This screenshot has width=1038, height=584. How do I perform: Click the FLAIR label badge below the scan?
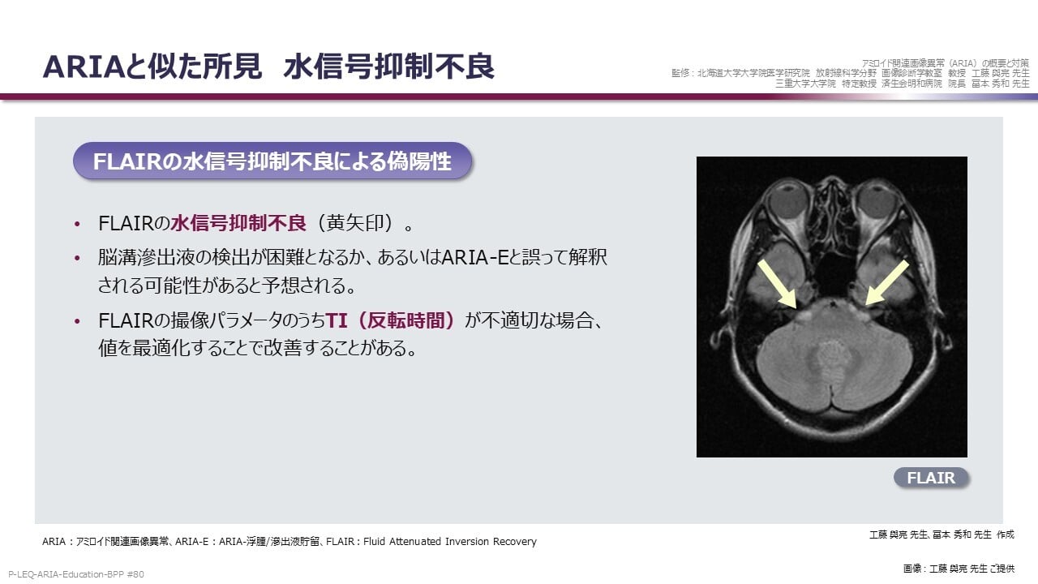(x=931, y=478)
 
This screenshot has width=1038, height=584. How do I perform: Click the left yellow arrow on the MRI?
(x=777, y=284)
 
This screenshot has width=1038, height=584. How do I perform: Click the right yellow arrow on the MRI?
(x=887, y=283)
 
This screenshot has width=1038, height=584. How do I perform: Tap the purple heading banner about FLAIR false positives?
(x=272, y=161)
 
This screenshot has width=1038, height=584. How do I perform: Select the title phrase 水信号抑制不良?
(x=389, y=67)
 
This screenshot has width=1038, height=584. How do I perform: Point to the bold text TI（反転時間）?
(x=390, y=320)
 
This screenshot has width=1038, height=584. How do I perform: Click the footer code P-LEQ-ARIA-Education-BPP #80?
(x=76, y=574)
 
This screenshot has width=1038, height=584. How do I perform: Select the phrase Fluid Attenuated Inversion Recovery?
(x=449, y=541)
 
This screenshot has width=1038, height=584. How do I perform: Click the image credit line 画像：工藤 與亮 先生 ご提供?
(x=959, y=569)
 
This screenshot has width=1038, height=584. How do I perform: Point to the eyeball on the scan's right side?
(x=877, y=202)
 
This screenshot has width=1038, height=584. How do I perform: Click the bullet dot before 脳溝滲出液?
(x=77, y=258)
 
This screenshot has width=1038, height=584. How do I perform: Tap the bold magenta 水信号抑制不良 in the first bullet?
(x=238, y=223)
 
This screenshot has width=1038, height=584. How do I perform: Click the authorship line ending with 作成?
(x=941, y=535)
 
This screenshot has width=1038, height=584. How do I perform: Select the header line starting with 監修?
(x=851, y=73)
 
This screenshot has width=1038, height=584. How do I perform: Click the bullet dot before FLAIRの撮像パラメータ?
(x=77, y=321)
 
